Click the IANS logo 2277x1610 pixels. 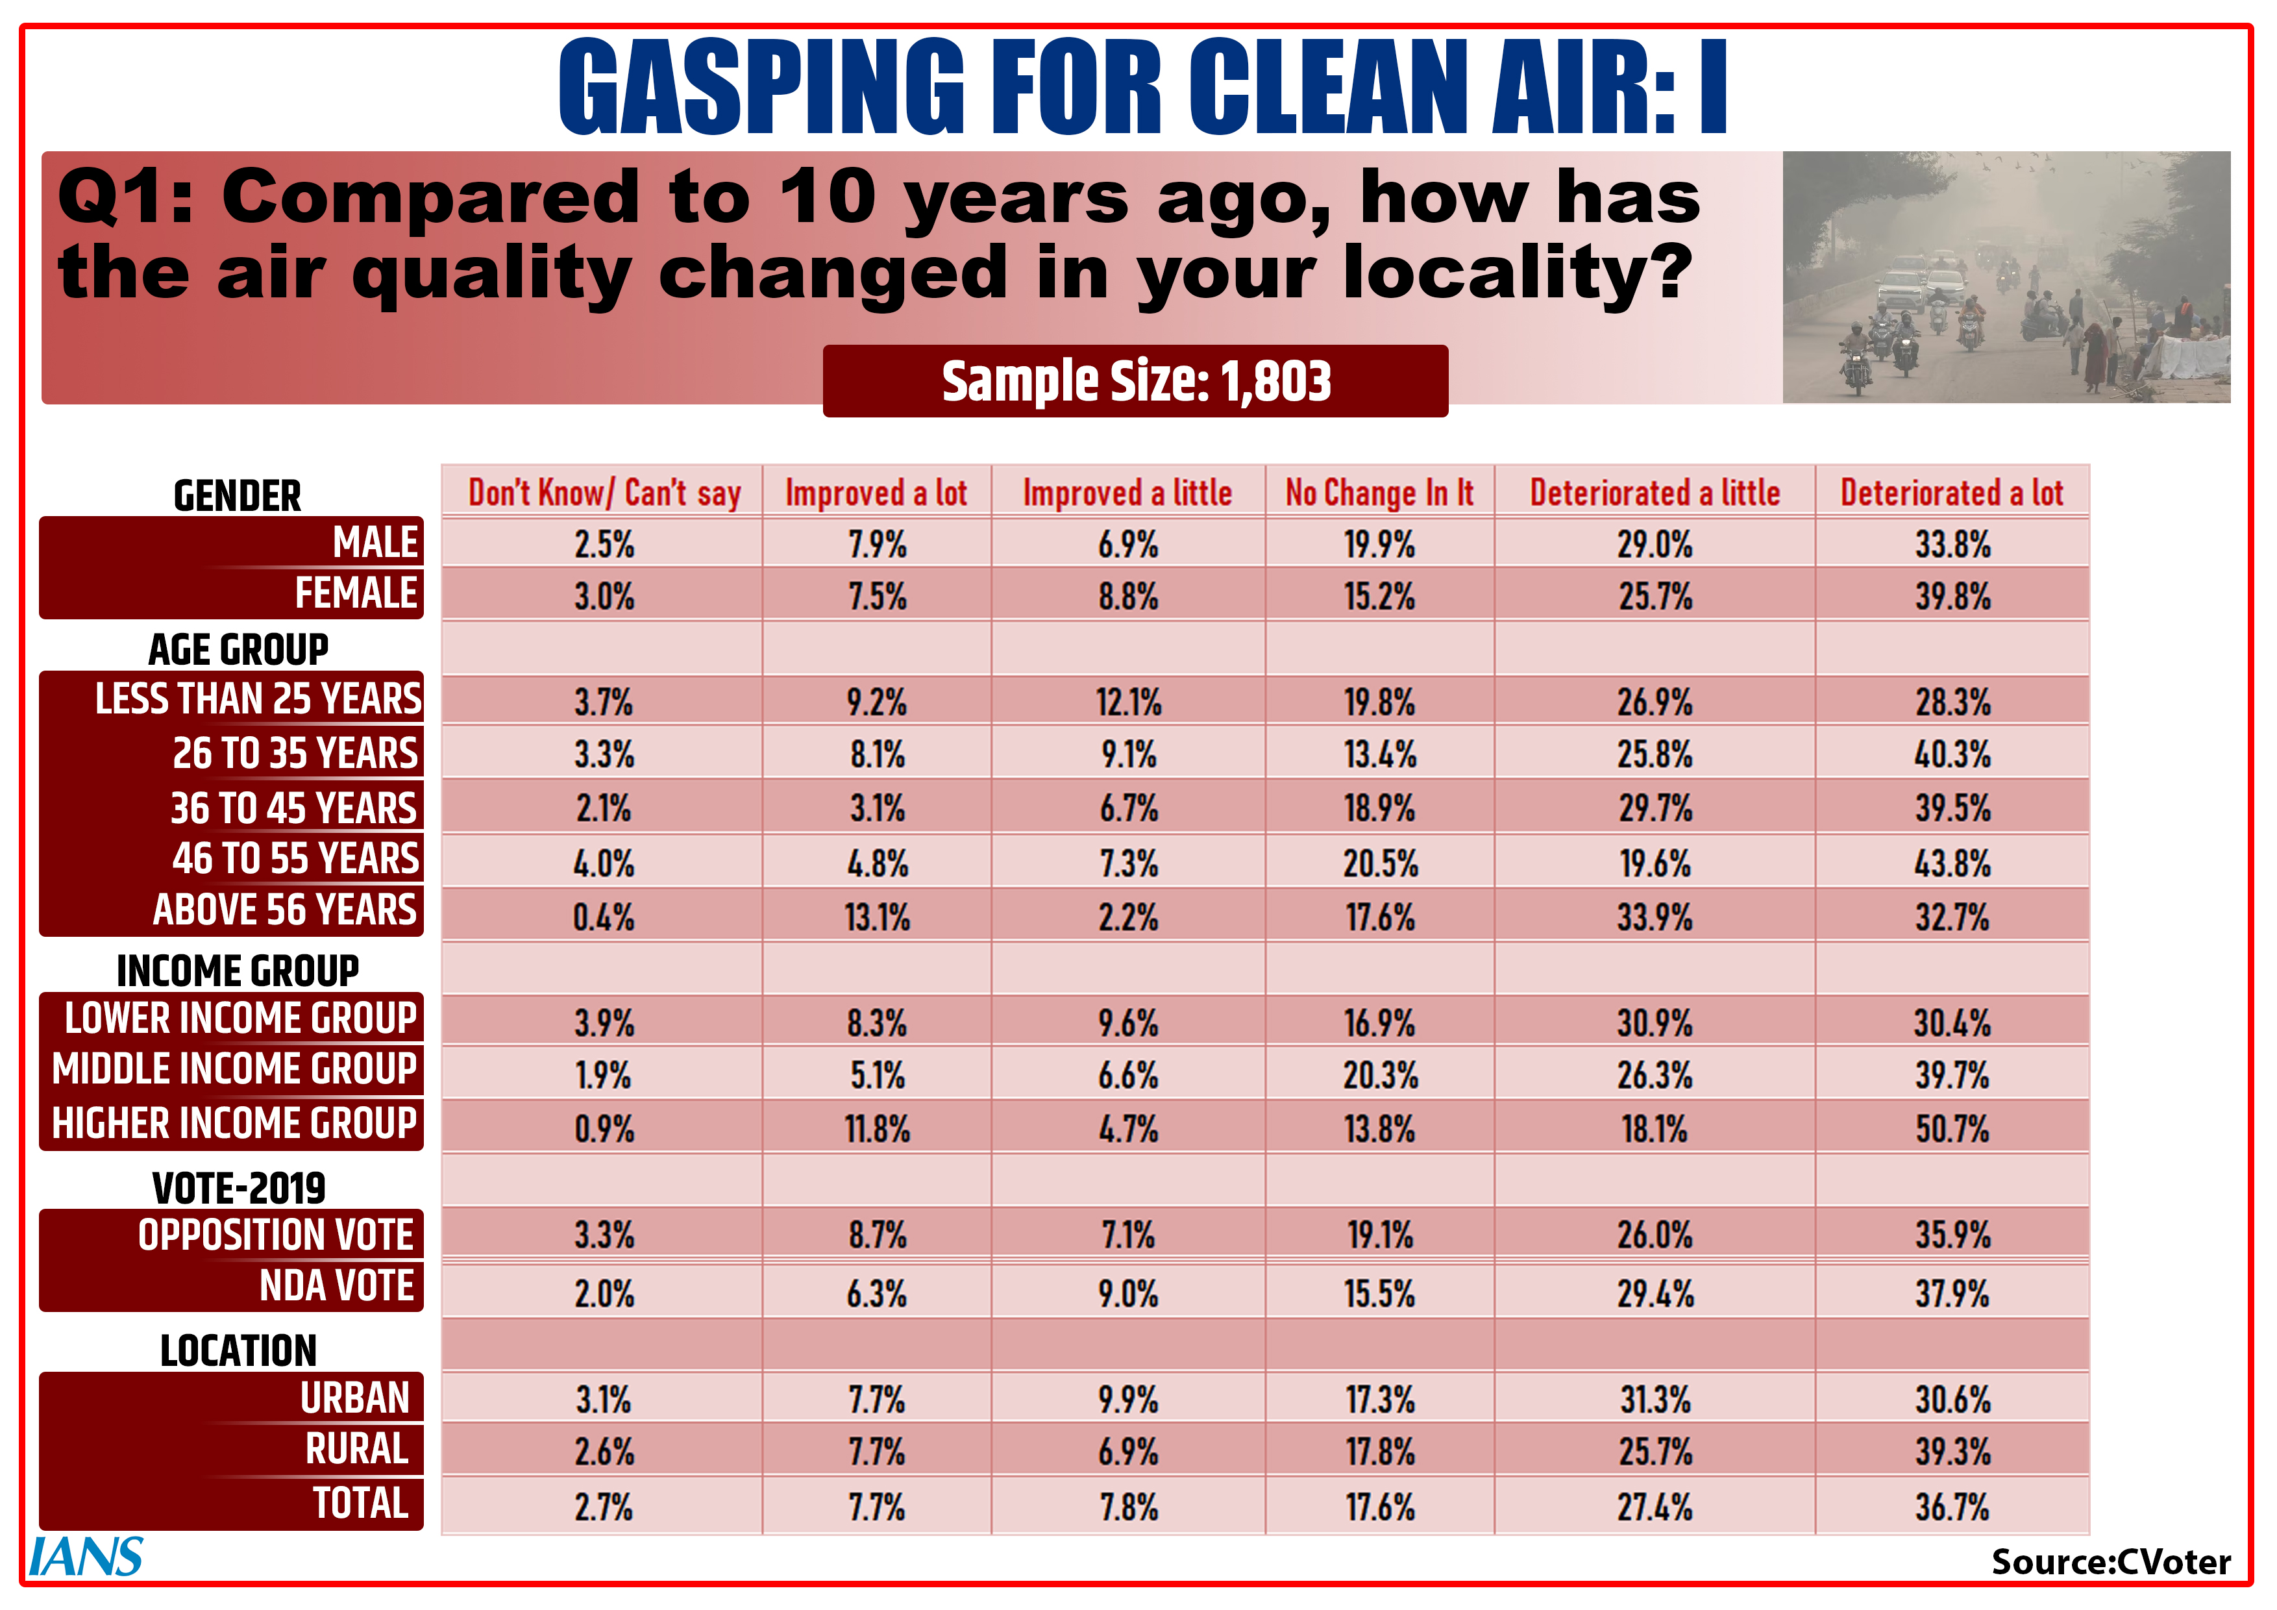click(x=86, y=1556)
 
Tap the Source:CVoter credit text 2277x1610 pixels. click(x=2110, y=1563)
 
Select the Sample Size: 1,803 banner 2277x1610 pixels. click(x=1135, y=381)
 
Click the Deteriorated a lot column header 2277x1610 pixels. click(x=1952, y=492)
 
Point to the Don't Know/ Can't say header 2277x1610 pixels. click(x=604, y=492)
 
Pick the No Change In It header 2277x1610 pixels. click(x=1379, y=492)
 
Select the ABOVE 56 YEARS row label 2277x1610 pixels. click(x=284, y=910)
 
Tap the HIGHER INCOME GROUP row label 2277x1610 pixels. click(x=234, y=1123)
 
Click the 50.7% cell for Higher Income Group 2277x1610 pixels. click(x=1952, y=1129)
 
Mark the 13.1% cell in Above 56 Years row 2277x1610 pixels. click(x=877, y=917)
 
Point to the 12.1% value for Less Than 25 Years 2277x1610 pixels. click(x=1129, y=702)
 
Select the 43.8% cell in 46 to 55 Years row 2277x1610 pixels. click(x=1952, y=863)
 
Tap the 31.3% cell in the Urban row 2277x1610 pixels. click(x=1655, y=1400)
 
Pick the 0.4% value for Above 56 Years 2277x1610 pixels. click(x=604, y=917)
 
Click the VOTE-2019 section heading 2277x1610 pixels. click(x=238, y=1187)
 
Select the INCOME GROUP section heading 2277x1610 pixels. click(x=238, y=970)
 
